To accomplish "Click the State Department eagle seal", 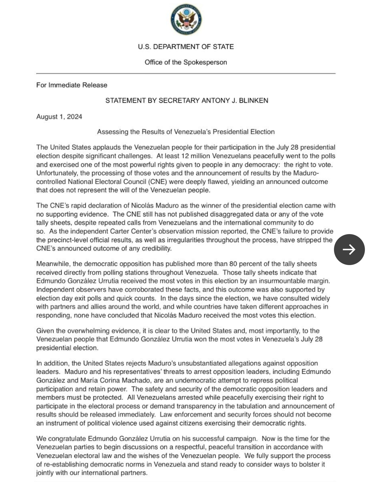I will [x=186, y=20].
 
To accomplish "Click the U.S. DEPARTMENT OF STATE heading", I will [x=186, y=47].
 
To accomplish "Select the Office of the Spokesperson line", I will [x=186, y=62].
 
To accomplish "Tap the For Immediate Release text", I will [x=72, y=85].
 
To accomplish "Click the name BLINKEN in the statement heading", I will [x=253, y=101].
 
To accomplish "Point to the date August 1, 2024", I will [x=59, y=117].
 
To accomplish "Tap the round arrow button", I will [x=349, y=249].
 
